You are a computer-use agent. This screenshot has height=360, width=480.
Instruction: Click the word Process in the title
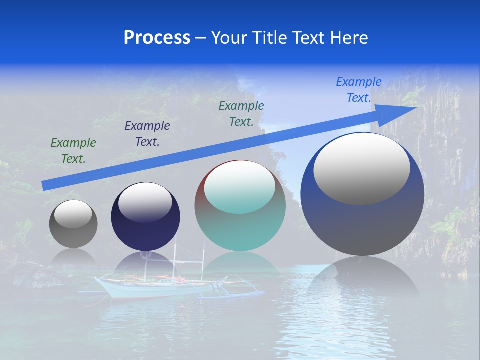click(157, 38)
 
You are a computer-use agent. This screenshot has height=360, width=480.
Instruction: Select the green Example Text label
click(73, 151)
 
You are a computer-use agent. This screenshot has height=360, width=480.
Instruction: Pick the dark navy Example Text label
click(147, 134)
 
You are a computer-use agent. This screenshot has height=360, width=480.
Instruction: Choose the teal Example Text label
click(241, 114)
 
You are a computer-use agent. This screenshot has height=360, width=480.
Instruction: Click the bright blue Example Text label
click(359, 90)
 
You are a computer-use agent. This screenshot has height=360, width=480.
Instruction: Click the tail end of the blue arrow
click(46, 185)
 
